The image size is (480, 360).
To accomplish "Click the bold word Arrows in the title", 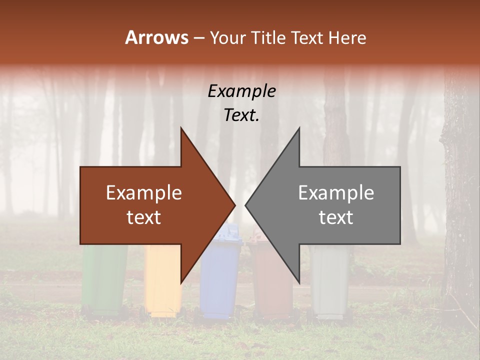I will (x=157, y=37).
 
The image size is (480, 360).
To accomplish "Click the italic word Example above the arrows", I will (x=241, y=91).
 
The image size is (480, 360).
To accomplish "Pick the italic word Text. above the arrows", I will (x=241, y=115).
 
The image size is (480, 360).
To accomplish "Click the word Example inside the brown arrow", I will (x=144, y=193).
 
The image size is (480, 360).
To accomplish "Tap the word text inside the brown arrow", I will (x=144, y=217).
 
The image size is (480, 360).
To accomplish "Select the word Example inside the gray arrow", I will (x=336, y=193).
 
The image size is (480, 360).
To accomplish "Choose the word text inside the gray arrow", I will (x=336, y=217).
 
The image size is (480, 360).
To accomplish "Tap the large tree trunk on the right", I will (x=460, y=200).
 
